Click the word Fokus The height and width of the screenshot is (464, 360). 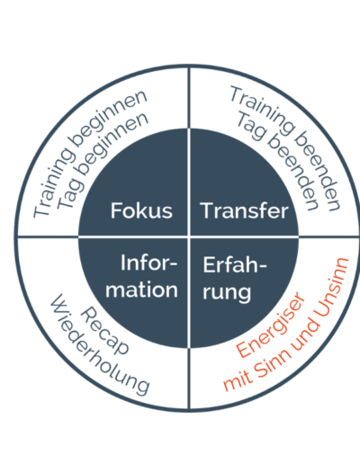point(141,210)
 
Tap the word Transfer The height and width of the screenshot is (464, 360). point(245,210)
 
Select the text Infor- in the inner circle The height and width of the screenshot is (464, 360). point(149,263)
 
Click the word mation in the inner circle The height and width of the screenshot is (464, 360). point(141,290)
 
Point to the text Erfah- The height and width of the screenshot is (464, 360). point(235,264)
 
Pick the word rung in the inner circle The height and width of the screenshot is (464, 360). point(227,292)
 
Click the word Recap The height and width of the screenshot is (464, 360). point(104,331)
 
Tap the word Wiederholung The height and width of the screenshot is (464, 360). point(100,344)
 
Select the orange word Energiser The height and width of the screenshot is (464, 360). point(270,325)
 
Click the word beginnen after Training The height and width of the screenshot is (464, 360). point(108,118)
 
